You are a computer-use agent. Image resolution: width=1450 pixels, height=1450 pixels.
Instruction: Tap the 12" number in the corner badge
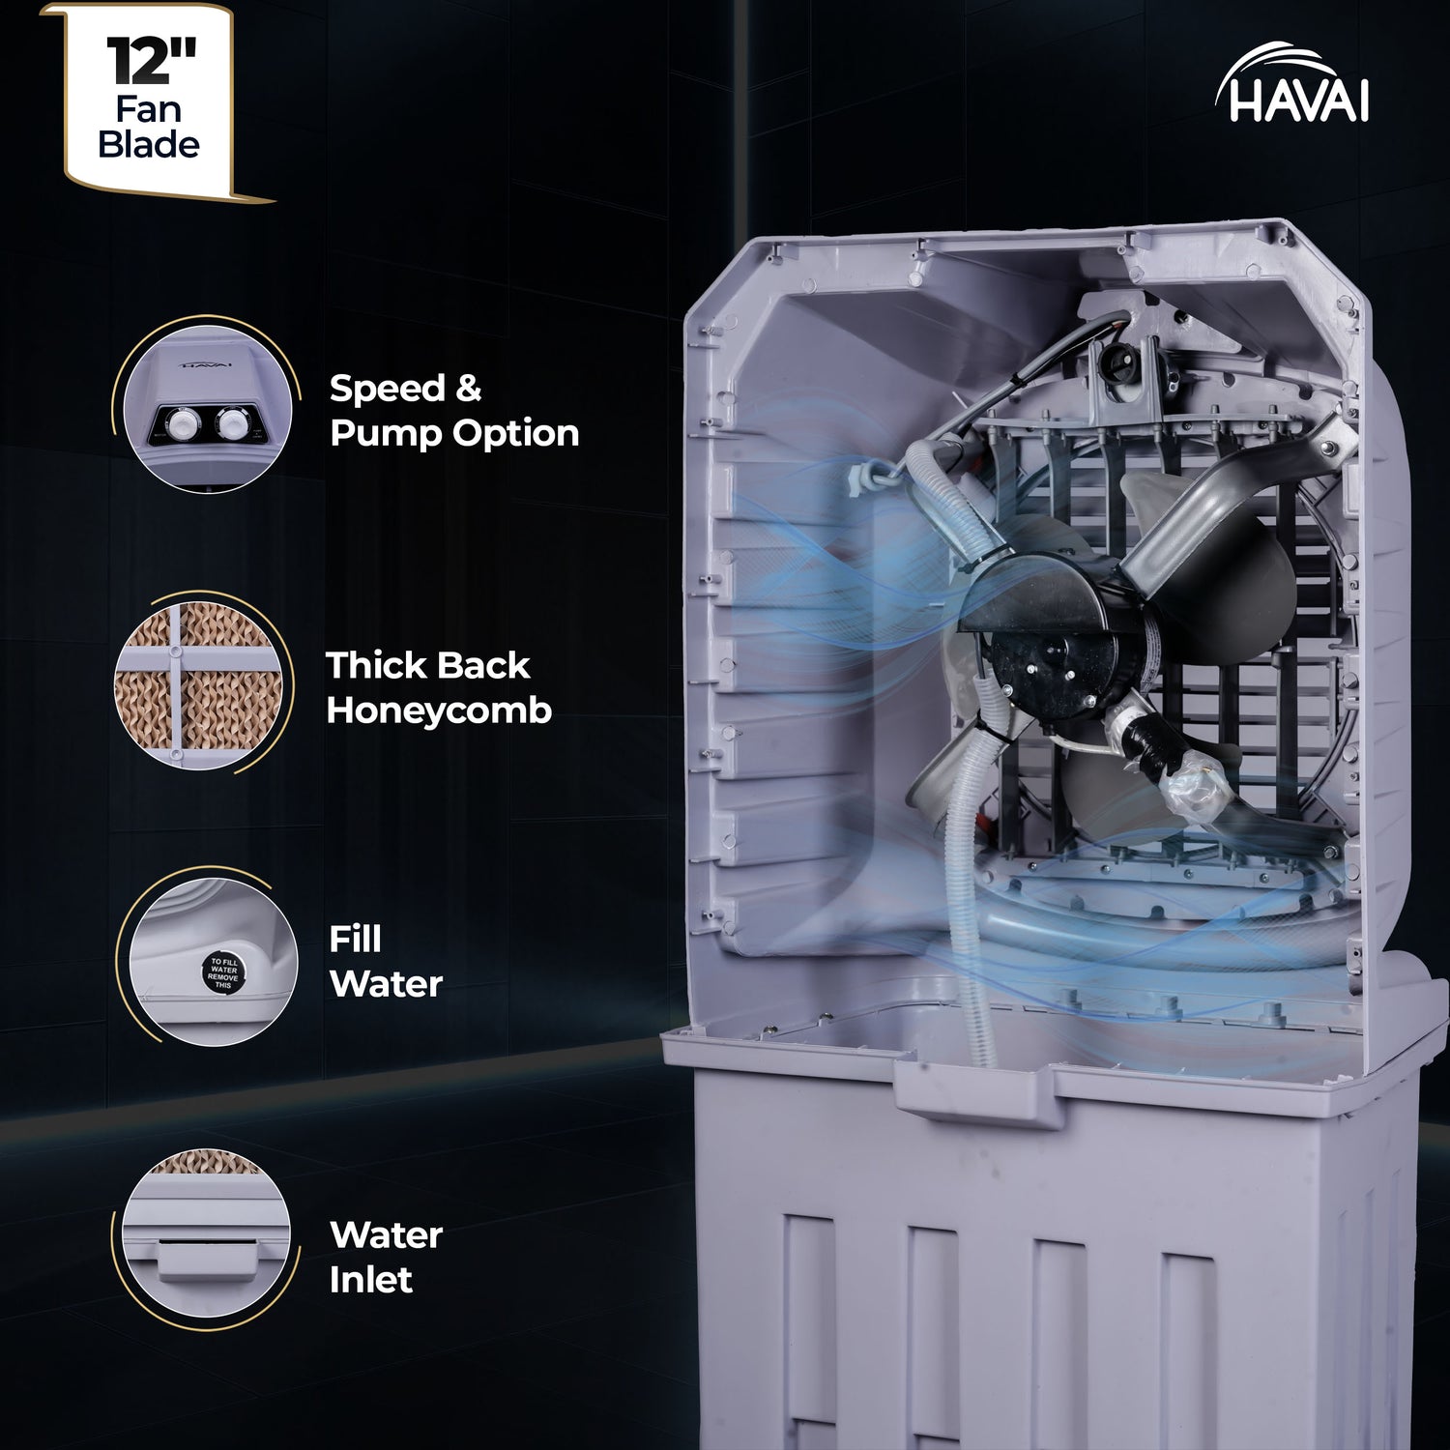tap(151, 61)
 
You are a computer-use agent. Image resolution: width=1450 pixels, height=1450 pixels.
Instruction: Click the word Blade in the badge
tap(149, 145)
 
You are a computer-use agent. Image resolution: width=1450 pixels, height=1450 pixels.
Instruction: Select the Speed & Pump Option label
tap(453, 411)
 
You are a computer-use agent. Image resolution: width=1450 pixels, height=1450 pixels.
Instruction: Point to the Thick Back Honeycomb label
tap(438, 687)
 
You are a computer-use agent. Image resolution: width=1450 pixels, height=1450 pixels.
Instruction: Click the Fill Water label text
tap(385, 962)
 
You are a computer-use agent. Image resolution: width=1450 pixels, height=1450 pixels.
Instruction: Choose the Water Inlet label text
tap(385, 1257)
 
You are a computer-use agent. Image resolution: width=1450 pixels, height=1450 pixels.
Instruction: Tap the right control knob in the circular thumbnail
tap(233, 423)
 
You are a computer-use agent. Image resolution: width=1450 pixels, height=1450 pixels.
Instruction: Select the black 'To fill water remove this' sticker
tap(222, 970)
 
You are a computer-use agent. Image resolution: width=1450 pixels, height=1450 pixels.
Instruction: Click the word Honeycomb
tap(438, 710)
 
